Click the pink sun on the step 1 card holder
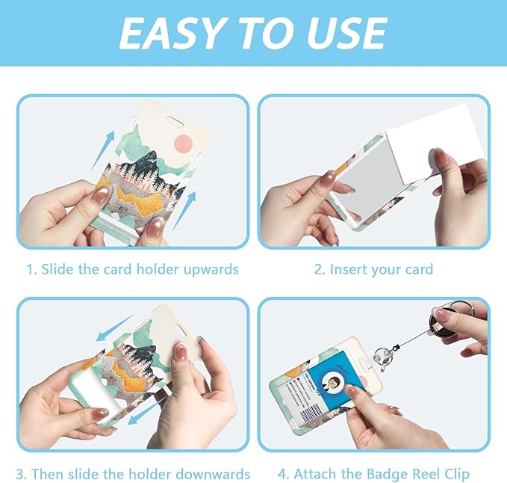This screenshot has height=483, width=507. (184, 144)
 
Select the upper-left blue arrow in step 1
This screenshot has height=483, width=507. (102, 150)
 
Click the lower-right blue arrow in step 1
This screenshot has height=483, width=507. (184, 210)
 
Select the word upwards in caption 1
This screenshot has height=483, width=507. (211, 270)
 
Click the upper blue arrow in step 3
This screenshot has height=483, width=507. (115, 327)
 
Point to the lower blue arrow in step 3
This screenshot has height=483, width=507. (146, 410)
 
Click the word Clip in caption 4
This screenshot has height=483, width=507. (456, 475)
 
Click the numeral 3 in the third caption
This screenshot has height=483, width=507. (20, 475)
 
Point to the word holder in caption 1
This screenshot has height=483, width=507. (158, 269)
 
